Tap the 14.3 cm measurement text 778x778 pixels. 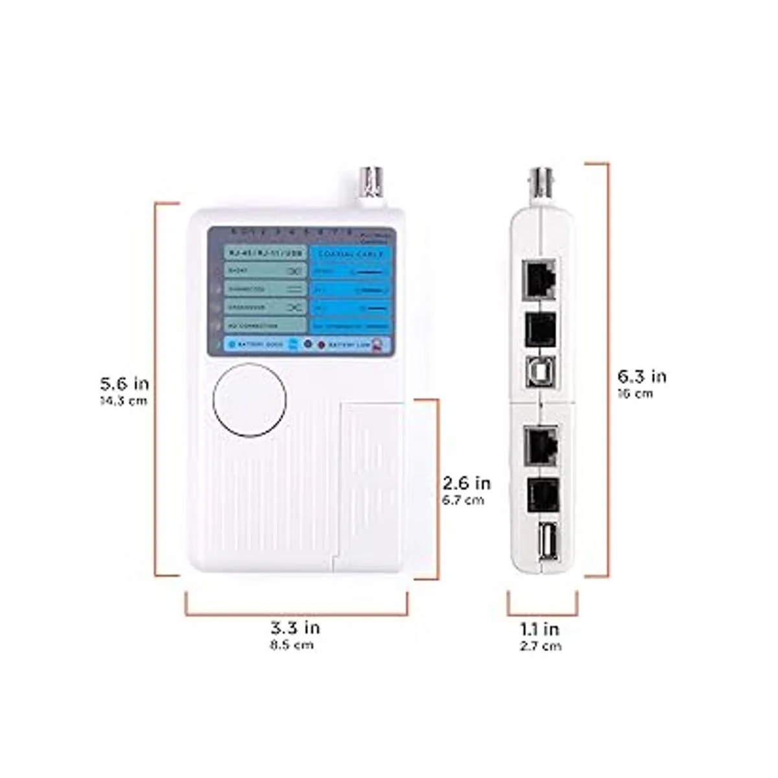123,401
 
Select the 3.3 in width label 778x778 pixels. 295,627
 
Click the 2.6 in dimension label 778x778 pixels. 466,483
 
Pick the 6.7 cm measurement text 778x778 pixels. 463,500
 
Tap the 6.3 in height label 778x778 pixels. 642,376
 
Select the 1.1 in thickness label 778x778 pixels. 540,628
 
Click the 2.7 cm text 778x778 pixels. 540,646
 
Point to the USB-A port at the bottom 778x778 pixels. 543,539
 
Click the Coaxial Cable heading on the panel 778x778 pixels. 351,253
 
